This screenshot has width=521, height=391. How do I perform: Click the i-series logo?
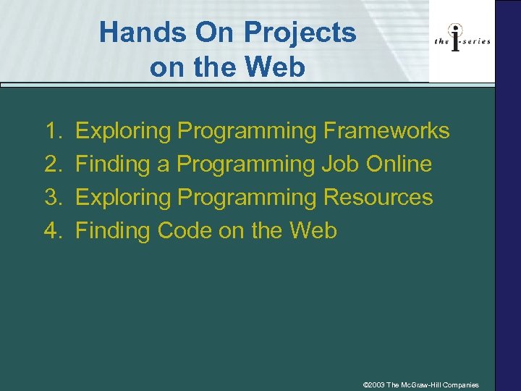pos(462,41)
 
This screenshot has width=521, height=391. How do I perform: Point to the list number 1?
pos(52,131)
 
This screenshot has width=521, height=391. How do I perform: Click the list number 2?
pos(52,164)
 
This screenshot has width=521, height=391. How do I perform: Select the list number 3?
pos(52,197)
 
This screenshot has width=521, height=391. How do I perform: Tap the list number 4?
pos(52,230)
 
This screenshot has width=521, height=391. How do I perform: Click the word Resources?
pos(378,197)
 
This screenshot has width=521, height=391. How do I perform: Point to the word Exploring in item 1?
pos(123,131)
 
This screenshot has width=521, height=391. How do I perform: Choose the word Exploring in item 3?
pos(123,197)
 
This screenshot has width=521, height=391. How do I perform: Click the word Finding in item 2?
pos(112,164)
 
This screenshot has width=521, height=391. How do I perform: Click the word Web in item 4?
pos(313,230)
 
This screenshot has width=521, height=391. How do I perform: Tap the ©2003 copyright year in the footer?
pos(373,384)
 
